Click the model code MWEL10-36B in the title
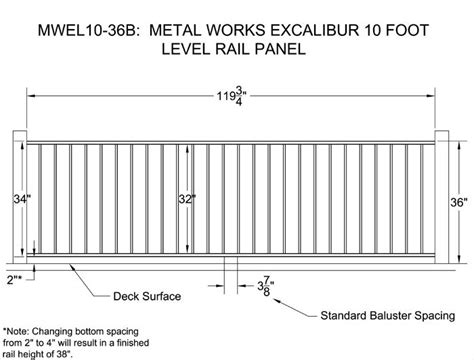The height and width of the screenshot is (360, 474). (88, 30)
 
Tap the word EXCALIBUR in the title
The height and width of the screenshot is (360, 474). (314, 30)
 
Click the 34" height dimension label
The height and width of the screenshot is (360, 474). (22, 199)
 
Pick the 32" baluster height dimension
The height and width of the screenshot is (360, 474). (187, 199)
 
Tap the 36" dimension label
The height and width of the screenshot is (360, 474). (459, 202)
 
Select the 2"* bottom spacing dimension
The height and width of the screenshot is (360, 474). (14, 280)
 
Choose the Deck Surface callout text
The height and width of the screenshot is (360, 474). (147, 296)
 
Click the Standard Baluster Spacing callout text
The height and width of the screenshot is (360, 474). (388, 315)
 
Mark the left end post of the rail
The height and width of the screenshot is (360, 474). (20, 197)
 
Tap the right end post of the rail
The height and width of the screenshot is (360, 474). (442, 197)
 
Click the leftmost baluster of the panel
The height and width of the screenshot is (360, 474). (40, 199)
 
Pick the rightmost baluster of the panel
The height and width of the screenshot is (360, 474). (422, 199)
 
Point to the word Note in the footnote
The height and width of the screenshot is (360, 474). (18, 332)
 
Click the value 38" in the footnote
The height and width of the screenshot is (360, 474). (65, 354)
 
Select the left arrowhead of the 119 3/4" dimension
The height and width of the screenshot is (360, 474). (31, 96)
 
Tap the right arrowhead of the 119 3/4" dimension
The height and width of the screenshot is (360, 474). (431, 96)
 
